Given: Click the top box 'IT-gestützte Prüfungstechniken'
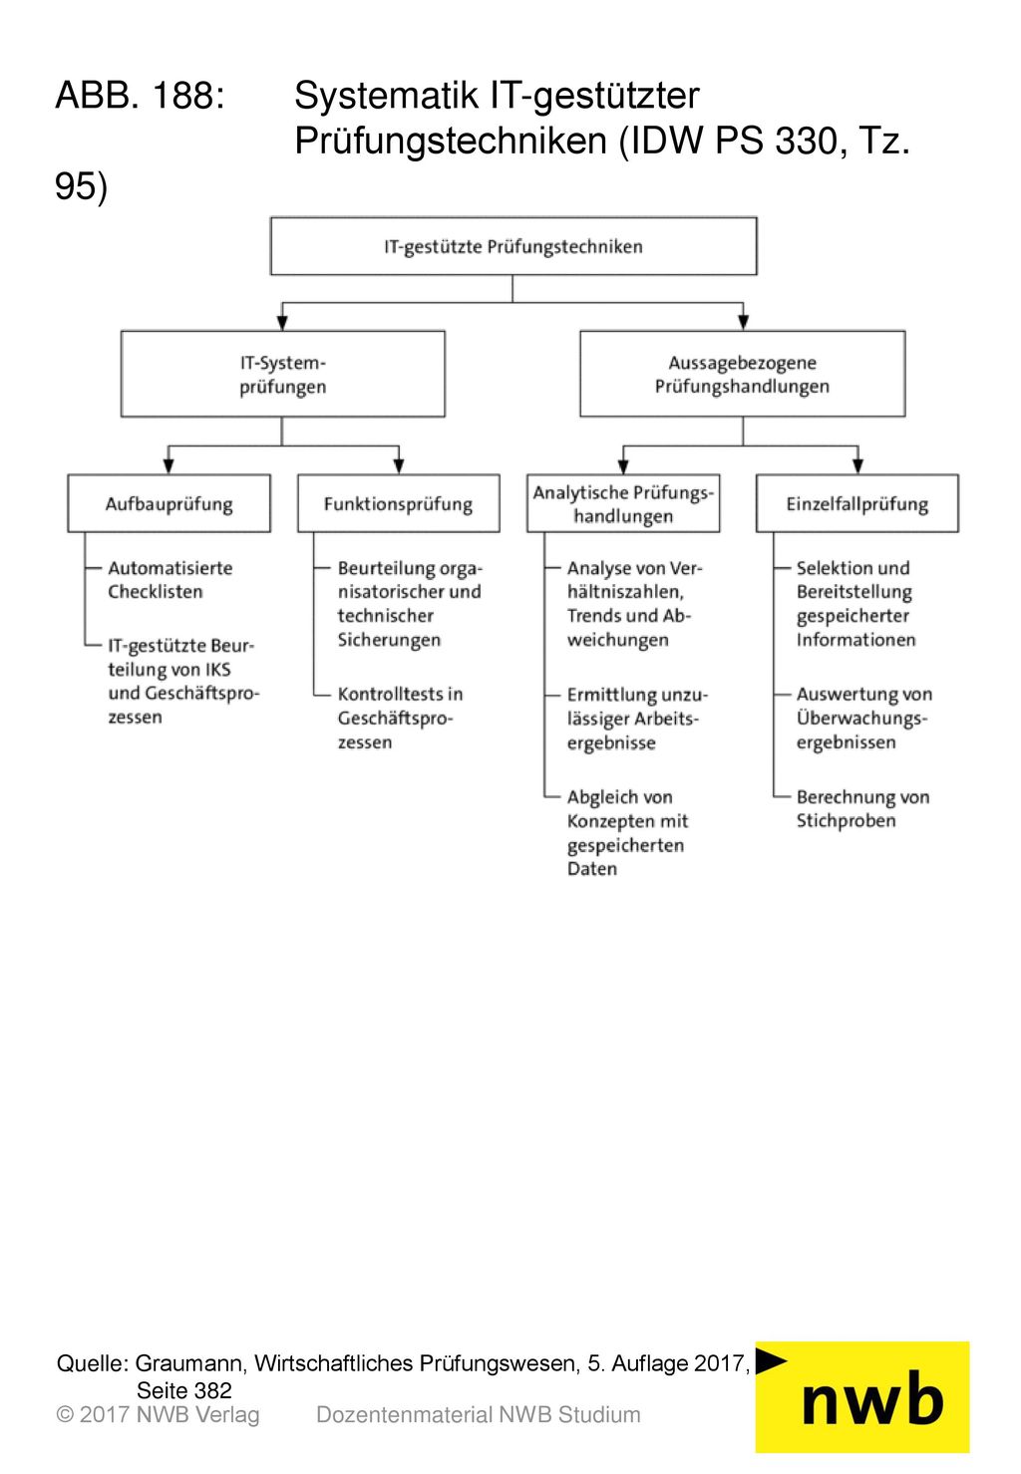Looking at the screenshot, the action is tap(513, 246).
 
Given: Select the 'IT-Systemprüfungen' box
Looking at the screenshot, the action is tap(282, 374).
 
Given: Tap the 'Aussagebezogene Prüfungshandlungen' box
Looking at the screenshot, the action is tap(743, 374).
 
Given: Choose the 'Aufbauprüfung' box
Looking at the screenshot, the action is tap(170, 503).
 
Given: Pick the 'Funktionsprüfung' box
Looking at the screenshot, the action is tap(398, 503).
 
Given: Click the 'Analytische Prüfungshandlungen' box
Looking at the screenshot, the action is tap(623, 503).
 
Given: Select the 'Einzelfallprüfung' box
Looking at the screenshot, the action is tap(857, 503).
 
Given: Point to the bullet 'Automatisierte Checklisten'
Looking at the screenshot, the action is tap(170, 580).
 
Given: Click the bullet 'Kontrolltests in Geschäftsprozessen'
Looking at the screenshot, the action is tap(400, 718).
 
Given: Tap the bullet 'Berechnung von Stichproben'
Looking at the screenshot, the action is tap(863, 808).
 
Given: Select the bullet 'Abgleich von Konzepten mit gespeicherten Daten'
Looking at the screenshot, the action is tap(627, 833).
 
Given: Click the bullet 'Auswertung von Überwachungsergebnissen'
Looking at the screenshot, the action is tap(864, 718).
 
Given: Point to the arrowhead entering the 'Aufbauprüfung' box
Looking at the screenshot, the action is tap(170, 465).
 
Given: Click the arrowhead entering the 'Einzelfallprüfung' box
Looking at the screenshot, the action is tap(857, 465).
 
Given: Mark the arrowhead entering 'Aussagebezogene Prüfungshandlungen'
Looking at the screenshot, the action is tap(743, 323).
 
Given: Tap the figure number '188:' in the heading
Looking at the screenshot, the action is tap(188, 95).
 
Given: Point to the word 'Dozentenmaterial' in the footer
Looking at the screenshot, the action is tap(404, 1415).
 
